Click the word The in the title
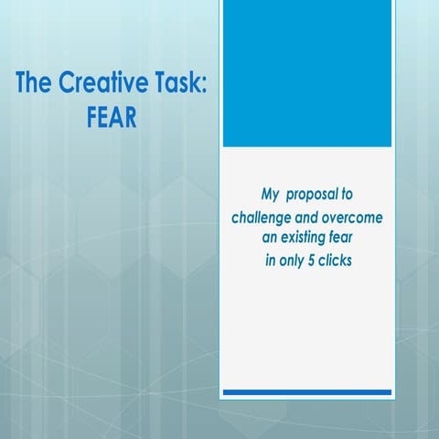(x=36, y=85)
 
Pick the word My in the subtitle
(x=271, y=195)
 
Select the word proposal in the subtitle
(x=313, y=195)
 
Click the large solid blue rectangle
(x=307, y=74)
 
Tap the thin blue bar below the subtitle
(x=307, y=391)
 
